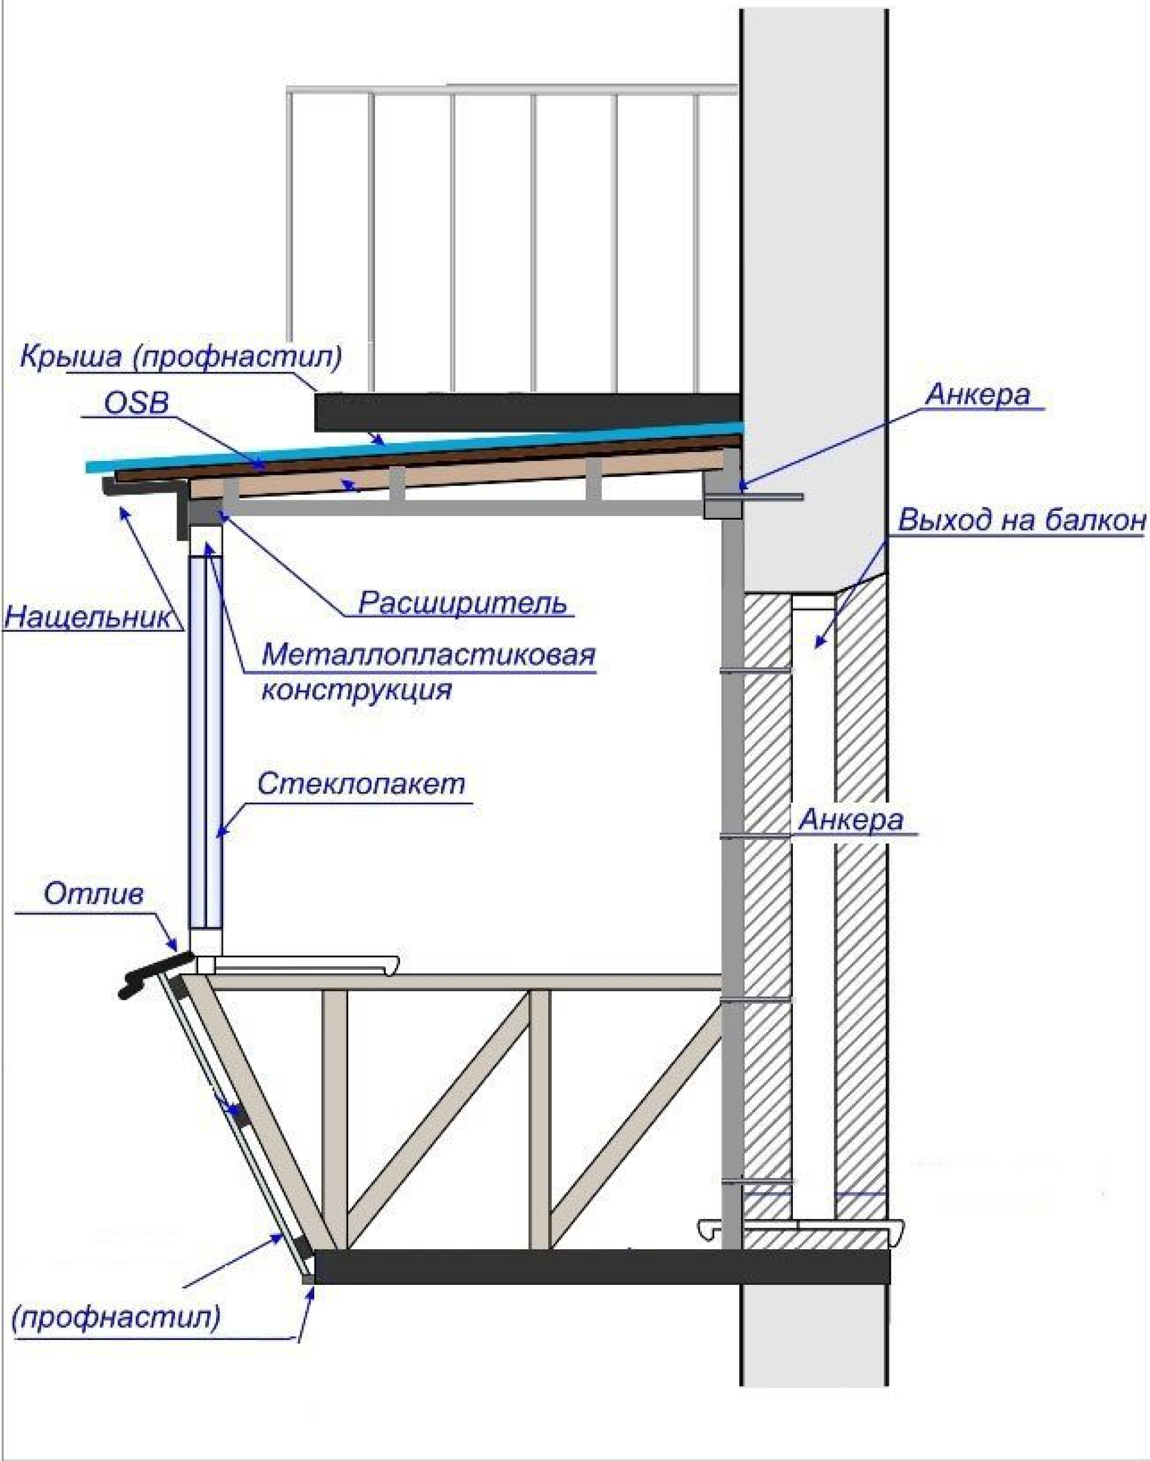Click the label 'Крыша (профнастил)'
(180, 356)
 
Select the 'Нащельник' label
(88, 617)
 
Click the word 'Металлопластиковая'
(429, 655)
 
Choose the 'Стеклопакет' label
(361, 784)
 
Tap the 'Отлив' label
(94, 894)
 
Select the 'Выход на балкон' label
(1021, 521)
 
